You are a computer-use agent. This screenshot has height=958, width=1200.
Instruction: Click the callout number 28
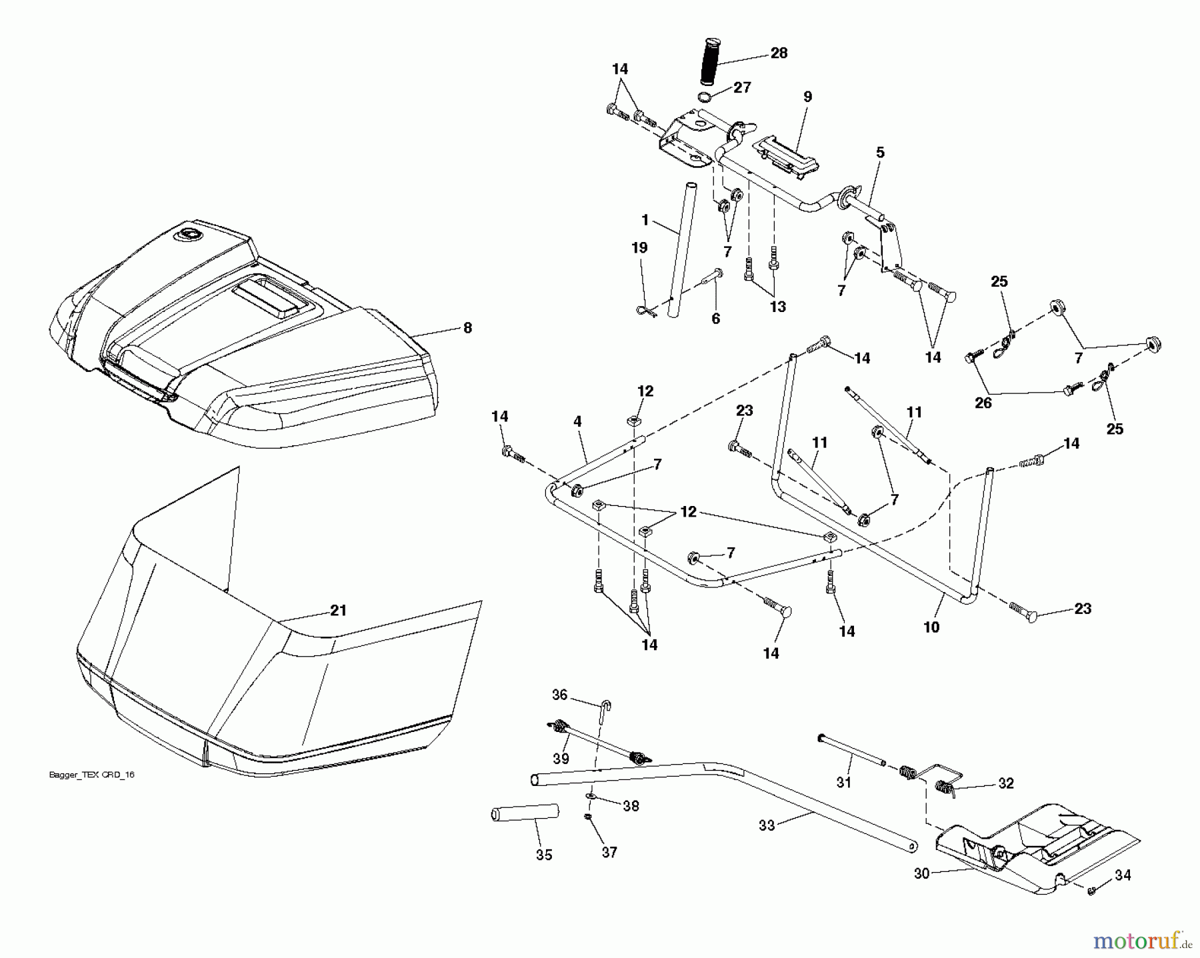click(779, 53)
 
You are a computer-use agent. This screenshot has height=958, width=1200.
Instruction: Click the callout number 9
click(808, 97)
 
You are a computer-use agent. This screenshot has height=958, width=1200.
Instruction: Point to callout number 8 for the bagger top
click(468, 327)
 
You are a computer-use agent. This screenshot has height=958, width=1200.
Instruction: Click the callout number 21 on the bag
click(338, 610)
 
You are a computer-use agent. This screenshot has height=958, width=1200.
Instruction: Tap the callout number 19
click(639, 248)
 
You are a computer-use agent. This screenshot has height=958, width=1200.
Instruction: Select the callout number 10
click(931, 627)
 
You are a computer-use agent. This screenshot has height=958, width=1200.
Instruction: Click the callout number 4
click(577, 421)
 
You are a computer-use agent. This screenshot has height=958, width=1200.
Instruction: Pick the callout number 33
click(767, 825)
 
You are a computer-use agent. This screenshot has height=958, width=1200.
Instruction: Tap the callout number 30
click(921, 873)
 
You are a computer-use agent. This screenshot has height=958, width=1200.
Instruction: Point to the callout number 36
click(559, 695)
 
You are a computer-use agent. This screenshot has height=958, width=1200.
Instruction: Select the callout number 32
click(1006, 783)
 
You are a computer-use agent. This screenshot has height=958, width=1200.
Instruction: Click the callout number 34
click(1123, 875)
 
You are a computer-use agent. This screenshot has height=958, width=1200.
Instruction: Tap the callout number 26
click(983, 403)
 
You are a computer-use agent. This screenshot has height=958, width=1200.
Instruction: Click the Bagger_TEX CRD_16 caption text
click(92, 775)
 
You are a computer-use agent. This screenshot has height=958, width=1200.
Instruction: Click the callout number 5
click(880, 153)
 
